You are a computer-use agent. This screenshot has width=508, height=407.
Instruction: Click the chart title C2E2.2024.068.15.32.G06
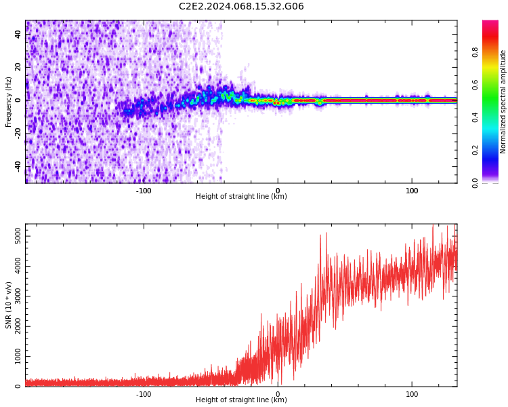[241, 6]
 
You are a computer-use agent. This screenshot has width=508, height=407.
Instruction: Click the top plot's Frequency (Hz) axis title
[9, 102]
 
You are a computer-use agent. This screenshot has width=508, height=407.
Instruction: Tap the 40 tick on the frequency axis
[18, 34]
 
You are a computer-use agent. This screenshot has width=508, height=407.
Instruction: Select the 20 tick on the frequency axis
[18, 66]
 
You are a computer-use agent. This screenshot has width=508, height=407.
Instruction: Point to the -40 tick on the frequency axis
[18, 166]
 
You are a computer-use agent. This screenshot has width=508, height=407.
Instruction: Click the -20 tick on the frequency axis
[18, 133]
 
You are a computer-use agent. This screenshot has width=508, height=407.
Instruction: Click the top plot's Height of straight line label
[241, 197]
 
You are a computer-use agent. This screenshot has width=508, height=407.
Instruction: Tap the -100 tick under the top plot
[144, 191]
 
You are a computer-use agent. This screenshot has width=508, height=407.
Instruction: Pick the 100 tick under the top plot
[412, 191]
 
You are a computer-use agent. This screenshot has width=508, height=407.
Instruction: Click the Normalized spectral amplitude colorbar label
[503, 102]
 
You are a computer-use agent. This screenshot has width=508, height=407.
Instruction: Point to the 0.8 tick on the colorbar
[475, 52]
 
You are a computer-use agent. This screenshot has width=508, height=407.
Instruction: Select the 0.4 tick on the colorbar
[475, 117]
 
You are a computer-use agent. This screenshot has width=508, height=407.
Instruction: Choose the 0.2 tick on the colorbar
[475, 150]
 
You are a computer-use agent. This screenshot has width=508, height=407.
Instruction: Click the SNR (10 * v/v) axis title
[9, 305]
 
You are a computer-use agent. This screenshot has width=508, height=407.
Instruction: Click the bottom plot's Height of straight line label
[241, 400]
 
